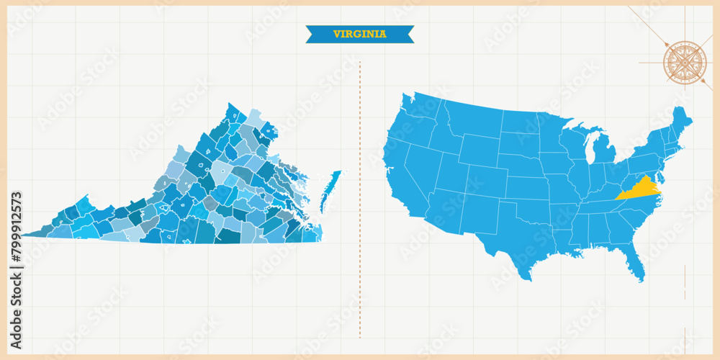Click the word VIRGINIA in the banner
359,34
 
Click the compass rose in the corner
685,63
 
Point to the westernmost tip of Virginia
23,235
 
